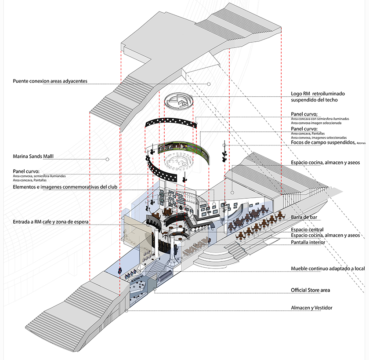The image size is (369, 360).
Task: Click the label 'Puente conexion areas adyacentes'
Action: [x=51, y=81]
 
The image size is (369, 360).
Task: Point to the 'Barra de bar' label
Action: [x=306, y=218]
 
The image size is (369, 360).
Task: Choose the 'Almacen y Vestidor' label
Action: [x=312, y=308]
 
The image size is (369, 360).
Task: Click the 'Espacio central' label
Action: [x=307, y=229]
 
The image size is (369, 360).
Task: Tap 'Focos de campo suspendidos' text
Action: [x=323, y=143]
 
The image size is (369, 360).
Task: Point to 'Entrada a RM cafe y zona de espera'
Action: [x=51, y=222]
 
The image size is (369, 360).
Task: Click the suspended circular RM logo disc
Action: [x=178, y=102]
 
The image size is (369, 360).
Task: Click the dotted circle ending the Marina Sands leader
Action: [x=107, y=159]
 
